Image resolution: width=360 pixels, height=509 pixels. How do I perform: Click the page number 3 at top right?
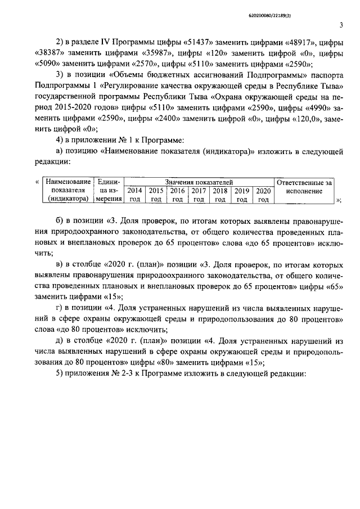coord(342,24)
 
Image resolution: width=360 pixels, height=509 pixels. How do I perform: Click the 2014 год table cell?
coord(134,195)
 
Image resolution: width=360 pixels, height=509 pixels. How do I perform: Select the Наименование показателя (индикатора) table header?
coord(67,190)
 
